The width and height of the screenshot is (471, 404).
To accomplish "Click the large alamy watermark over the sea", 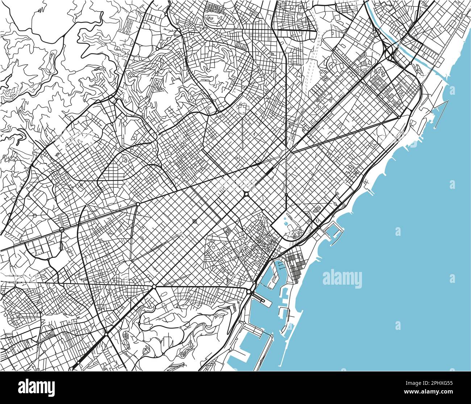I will pyautogui.click(x=342, y=279).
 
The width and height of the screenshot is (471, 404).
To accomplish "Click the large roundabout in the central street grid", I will pyautogui.click(x=246, y=194).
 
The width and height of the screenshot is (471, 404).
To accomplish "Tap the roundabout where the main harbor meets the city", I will pyautogui.click(x=249, y=292).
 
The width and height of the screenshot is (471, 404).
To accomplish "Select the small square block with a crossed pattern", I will pyautogui.click(x=195, y=221).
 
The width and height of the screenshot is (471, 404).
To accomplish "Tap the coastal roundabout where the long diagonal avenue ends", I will pyautogui.click(x=399, y=117).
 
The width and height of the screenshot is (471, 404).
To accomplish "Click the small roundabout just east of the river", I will pyautogui.click(x=410, y=64).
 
